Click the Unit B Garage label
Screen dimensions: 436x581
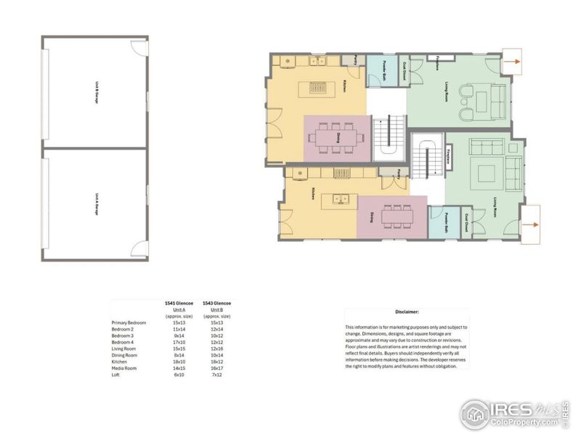pos(96,94)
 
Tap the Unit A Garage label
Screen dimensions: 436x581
pos(96,204)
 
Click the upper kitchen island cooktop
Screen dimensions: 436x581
pos(319,88)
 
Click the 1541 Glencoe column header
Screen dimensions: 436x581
pos(178,302)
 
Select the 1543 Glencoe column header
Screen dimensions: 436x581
pos(217,302)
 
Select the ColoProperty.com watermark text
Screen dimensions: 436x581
pos(522,421)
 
